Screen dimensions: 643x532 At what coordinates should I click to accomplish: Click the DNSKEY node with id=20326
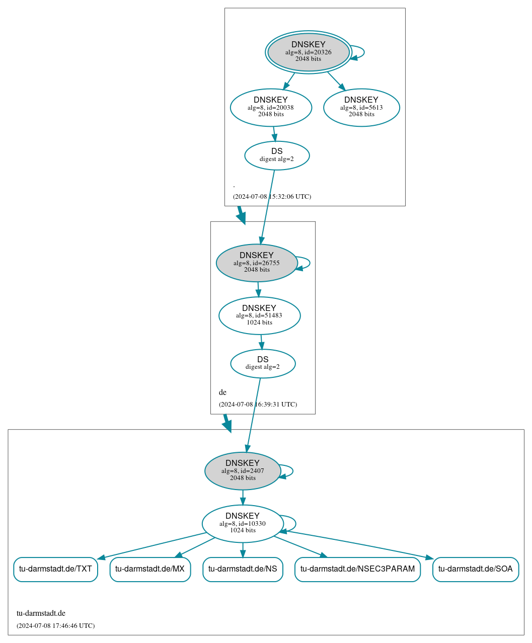coord(308,52)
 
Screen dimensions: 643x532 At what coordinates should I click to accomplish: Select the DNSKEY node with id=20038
coord(271,107)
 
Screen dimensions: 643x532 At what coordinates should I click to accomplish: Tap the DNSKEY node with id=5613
coord(361,107)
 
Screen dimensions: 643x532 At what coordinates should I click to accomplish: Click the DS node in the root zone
coord(277,155)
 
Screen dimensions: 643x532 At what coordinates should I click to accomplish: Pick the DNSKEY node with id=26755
coord(257,263)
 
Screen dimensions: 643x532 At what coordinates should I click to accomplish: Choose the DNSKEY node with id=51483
coord(259,315)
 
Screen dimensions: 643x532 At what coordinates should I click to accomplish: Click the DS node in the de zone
coord(263,363)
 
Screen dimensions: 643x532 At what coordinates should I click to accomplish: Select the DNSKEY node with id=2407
coord(243,471)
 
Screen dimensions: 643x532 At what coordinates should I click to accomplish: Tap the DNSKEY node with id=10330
coord(243,524)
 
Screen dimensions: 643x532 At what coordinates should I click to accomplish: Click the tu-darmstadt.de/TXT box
coord(55,569)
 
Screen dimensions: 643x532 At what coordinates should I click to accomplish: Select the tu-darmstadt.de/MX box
coord(150,569)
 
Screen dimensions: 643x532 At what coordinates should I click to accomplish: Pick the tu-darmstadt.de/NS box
coord(243,569)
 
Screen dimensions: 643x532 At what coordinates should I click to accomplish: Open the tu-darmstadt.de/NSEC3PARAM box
coord(357,569)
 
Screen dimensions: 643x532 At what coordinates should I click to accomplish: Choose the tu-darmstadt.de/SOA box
coord(475,569)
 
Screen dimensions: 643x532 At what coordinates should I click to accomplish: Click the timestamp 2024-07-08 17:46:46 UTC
coord(55,626)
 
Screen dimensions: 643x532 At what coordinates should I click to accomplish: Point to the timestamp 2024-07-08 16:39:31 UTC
coord(258,405)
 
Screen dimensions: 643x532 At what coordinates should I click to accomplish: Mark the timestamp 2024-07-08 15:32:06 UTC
coord(272,197)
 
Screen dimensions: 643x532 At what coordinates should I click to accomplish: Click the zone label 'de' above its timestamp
coord(222,392)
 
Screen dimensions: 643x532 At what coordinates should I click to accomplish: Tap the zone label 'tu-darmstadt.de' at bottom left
coord(41,613)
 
